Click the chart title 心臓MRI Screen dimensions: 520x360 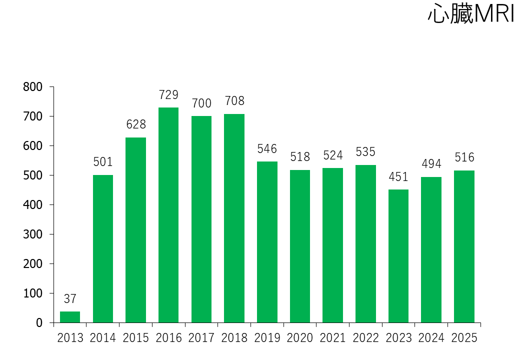pos(471,13)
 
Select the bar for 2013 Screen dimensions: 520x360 pos(70,317)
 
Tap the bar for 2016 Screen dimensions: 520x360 pos(168,215)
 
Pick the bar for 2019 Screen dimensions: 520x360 pos(267,242)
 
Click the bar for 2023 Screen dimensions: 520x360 pos(398,256)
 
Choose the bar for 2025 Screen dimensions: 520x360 pos(464,246)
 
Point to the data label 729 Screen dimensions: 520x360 pos(168,95)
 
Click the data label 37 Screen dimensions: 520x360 pos(70,298)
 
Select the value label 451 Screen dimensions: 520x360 pos(398,176)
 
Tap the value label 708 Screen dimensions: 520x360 pos(234,101)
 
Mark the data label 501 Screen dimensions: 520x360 pos(103,162)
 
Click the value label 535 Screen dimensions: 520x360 pos(365,152)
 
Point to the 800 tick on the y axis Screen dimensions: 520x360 pos(33,87)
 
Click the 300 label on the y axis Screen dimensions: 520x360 pos(33,234)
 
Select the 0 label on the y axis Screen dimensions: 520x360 pos(39,323)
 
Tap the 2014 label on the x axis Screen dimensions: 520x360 pos(103,338)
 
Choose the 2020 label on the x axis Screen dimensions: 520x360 pos(300,338)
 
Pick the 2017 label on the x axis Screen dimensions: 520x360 pos(201,338)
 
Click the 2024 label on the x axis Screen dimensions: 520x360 pos(431,338)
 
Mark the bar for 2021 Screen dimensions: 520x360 pos(332,245)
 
